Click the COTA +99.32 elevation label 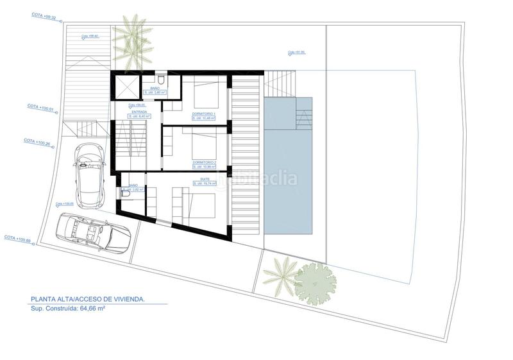[x=43, y=14]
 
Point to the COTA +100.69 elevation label [x=18, y=238]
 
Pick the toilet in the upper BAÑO [x=164, y=80]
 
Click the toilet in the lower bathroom [x=122, y=190]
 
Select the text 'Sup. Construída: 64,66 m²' [x=68, y=308]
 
